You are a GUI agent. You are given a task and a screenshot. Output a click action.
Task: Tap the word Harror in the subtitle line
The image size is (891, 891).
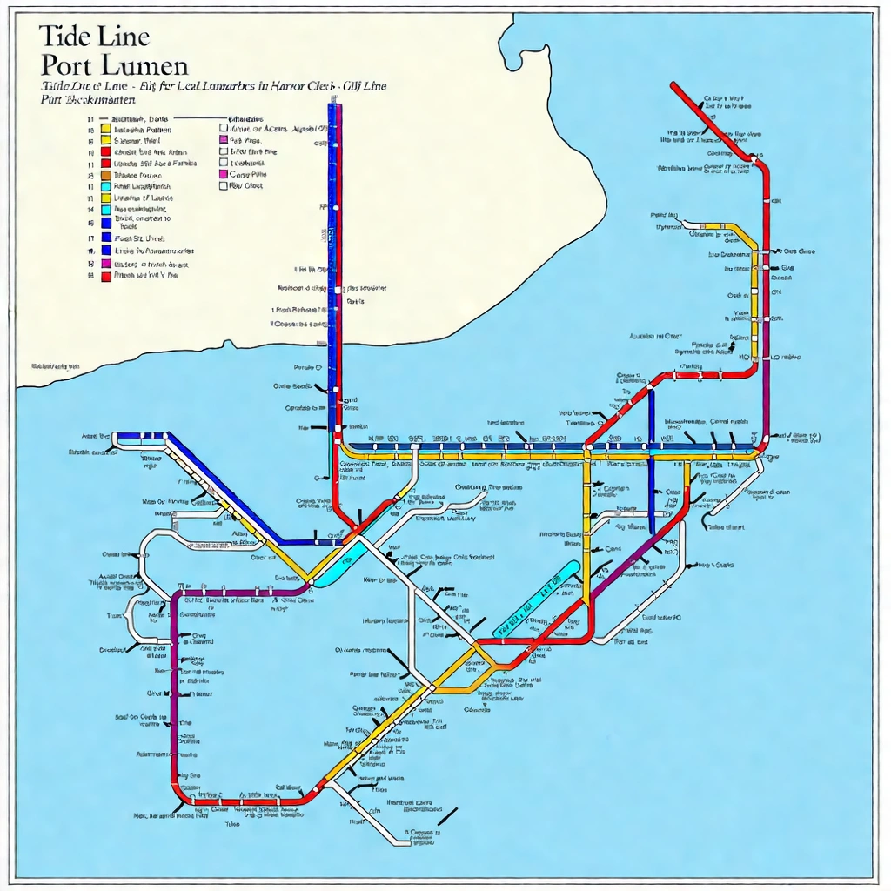[267, 87]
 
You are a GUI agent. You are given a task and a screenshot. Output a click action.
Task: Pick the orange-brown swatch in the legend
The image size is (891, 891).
[106, 175]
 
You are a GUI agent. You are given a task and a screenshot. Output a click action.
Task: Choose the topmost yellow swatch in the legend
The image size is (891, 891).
[106, 129]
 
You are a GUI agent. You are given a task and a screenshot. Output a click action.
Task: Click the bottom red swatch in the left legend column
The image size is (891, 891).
[106, 276]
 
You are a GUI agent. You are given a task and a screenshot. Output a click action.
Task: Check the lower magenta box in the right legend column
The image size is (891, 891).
[224, 174]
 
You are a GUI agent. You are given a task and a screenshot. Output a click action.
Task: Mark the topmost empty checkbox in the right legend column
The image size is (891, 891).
[224, 127]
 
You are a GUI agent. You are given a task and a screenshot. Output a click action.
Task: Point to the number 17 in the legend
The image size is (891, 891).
[90, 238]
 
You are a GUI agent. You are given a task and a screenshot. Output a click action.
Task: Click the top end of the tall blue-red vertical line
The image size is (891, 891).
[334, 106]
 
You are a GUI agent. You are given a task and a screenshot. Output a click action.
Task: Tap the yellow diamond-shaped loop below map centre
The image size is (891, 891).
[461, 668]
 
